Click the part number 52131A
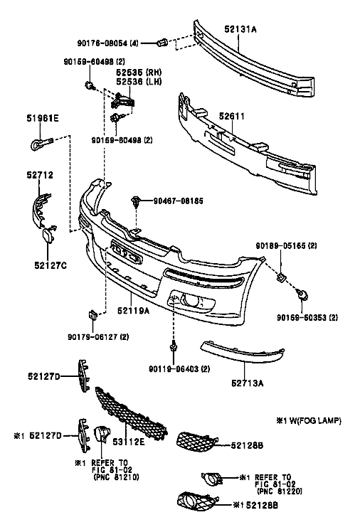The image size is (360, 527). pyautogui.click(x=240, y=29)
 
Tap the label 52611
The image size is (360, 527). pyautogui.click(x=232, y=116)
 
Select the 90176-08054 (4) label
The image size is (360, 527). pyautogui.click(x=107, y=43)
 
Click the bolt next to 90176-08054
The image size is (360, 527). pyautogui.click(x=163, y=43)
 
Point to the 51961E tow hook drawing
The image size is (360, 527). pyautogui.click(x=41, y=143)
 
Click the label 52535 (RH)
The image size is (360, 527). pyautogui.click(x=139, y=73)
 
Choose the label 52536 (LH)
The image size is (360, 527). pyautogui.click(x=139, y=82)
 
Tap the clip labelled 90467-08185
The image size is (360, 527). pyautogui.click(x=135, y=201)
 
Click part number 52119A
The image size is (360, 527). pyautogui.click(x=134, y=311)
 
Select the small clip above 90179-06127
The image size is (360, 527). pyautogui.click(x=92, y=315)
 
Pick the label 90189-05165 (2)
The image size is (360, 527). pyautogui.click(x=286, y=245)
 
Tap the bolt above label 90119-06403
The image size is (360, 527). pyautogui.click(x=174, y=346)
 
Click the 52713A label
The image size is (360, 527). pyautogui.click(x=248, y=383)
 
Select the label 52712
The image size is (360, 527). pyautogui.click(x=40, y=175)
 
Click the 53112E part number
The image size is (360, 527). pyautogui.click(x=128, y=442)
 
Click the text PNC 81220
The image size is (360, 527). pyautogui.click(x=280, y=491)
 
